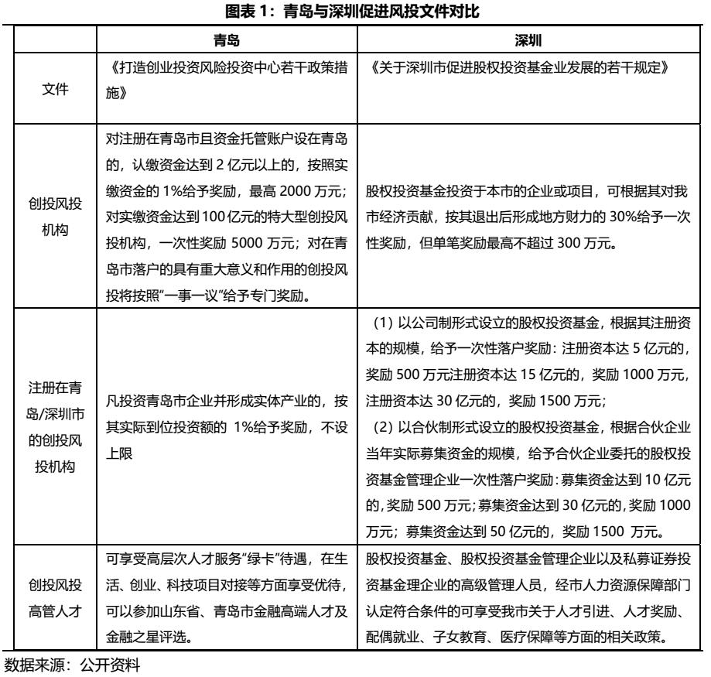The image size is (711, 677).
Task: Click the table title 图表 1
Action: [x=356, y=11]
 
